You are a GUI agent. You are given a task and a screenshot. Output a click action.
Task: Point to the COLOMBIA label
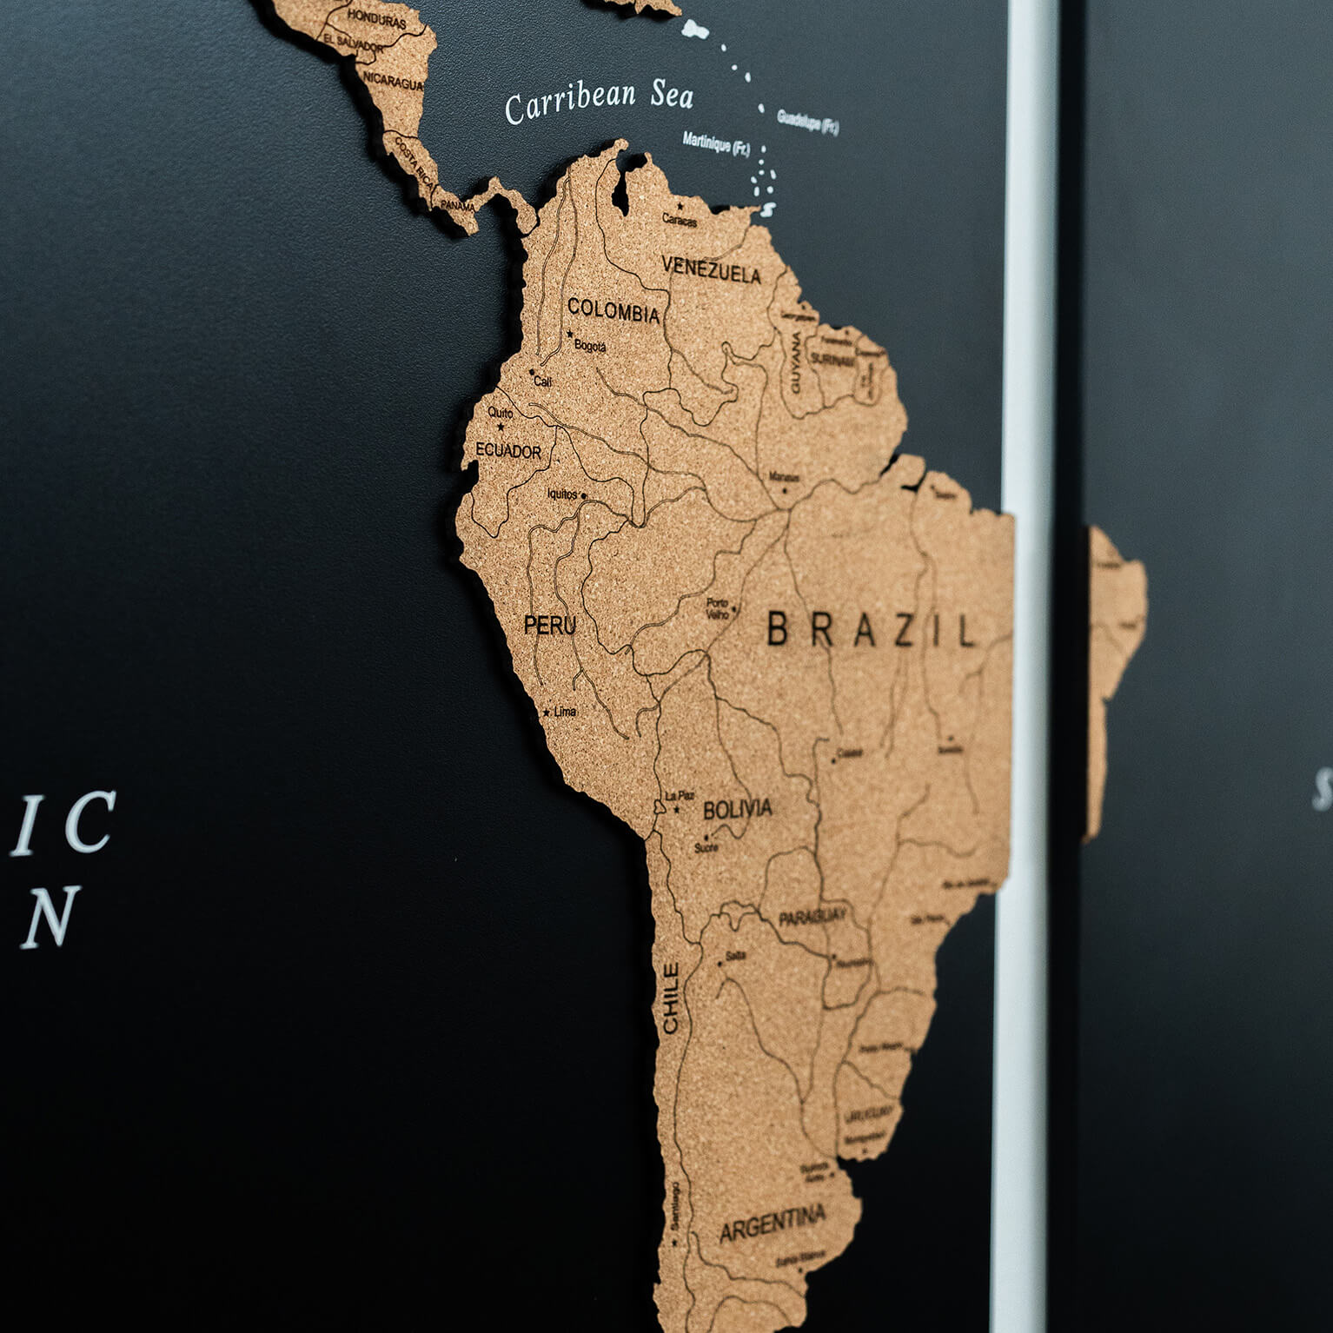pos(613,310)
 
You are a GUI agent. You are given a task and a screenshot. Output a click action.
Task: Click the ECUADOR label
pos(508,452)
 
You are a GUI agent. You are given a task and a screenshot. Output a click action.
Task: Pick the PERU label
pos(549,624)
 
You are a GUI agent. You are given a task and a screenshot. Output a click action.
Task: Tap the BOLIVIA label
pos(737,809)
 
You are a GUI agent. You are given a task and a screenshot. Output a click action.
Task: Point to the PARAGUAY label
pos(812,918)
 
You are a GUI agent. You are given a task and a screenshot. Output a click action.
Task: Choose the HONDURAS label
pos(376,18)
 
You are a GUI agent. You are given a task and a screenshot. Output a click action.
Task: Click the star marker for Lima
pos(547,713)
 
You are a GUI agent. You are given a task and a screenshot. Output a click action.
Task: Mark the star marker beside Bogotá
pos(570,335)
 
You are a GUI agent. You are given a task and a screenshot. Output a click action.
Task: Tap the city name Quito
pos(500,413)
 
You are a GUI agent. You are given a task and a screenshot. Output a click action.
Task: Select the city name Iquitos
pos(561,494)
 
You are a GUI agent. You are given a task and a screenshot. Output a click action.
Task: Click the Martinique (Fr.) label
pos(716,143)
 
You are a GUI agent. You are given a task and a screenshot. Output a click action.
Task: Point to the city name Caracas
pos(680,221)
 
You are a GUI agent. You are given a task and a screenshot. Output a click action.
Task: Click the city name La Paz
pos(680,795)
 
